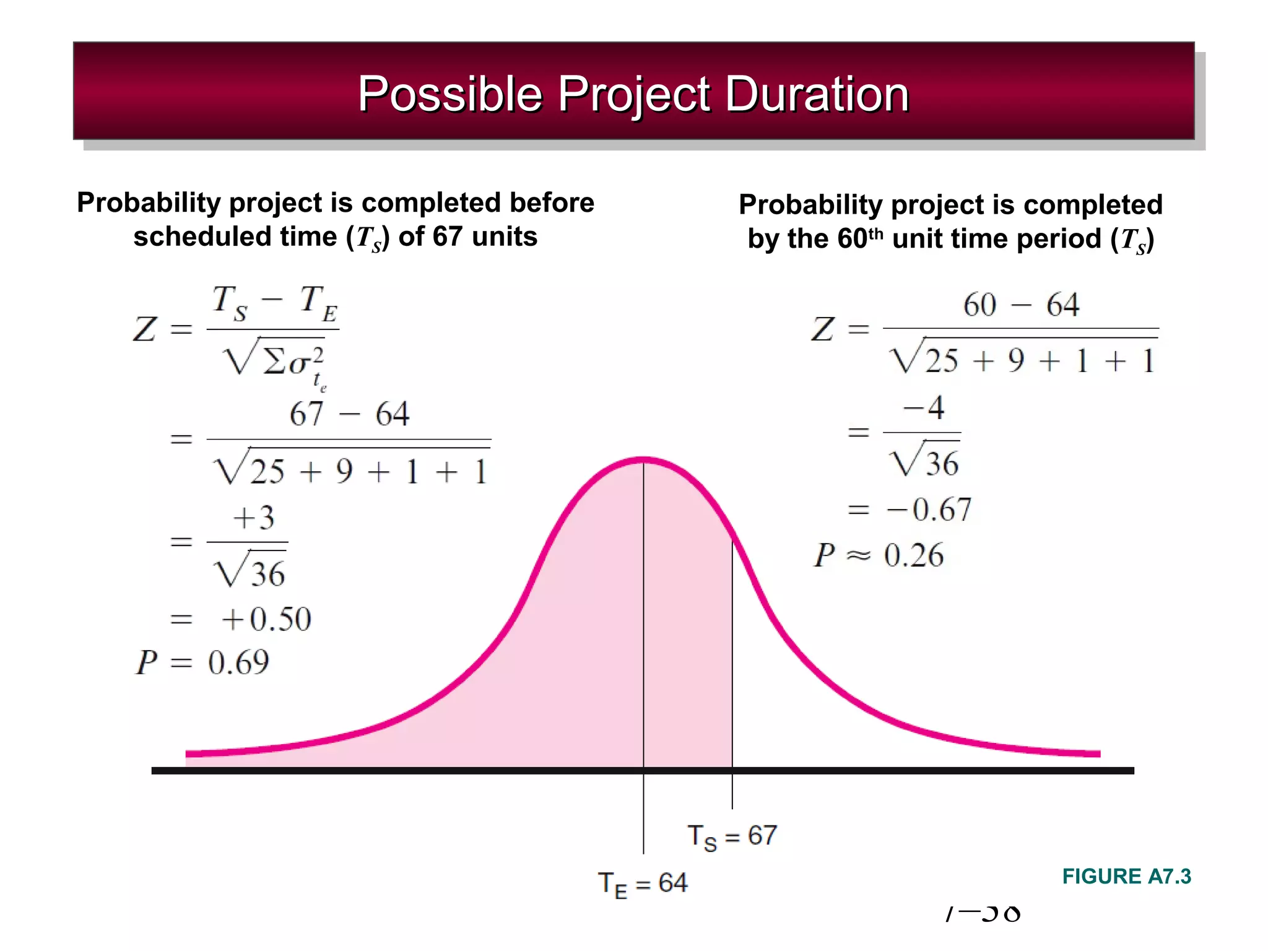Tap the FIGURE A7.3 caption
pyautogui.click(x=1126, y=876)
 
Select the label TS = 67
pyautogui.click(x=732, y=836)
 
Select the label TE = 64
pyautogui.click(x=643, y=884)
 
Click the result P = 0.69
pyautogui.click(x=202, y=662)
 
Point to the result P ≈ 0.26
pyautogui.click(x=879, y=555)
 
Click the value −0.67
pyautogui.click(x=929, y=510)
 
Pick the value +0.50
pyautogui.click(x=266, y=619)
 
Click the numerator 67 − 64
pyautogui.click(x=349, y=414)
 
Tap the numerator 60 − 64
pyautogui.click(x=1021, y=305)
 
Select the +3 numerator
pyautogui.click(x=253, y=518)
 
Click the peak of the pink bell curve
pyautogui.click(x=643, y=459)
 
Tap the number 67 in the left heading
pyautogui.click(x=447, y=237)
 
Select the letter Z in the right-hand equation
pyautogui.click(x=823, y=329)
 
